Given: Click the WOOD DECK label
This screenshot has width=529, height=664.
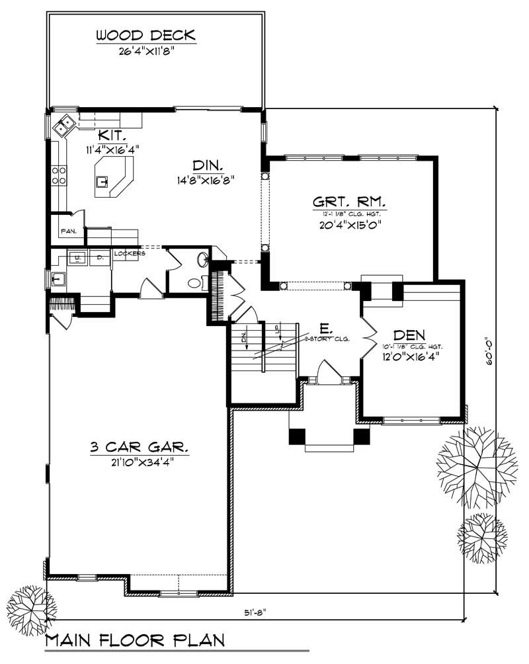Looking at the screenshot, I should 145,34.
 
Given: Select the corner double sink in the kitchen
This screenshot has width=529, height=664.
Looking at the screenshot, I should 66,124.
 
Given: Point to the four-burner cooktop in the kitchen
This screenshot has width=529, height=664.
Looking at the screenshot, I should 58,175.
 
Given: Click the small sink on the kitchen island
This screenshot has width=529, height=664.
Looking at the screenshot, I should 102,180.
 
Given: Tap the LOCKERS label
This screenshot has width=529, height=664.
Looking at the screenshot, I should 129,253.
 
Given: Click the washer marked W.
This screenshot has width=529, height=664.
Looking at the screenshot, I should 77,257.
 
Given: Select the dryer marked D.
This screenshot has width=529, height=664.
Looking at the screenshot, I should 100,257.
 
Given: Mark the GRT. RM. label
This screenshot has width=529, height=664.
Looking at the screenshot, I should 348,201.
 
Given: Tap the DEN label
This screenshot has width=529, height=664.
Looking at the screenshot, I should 409,335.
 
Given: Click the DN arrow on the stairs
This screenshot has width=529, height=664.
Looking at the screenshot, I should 244,342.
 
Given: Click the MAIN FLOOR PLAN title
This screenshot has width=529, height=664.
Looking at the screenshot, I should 135,640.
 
